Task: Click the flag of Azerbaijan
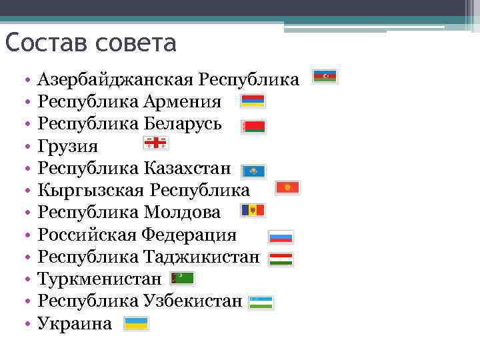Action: pos(325,77)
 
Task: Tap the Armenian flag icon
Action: pos(253,101)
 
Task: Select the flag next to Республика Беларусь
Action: pos(253,127)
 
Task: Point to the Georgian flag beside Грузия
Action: pos(156,143)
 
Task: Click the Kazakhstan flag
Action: pos(253,171)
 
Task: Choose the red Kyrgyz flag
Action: pos(288,188)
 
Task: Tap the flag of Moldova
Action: pos(253,211)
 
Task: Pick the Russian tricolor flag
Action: pos(281,237)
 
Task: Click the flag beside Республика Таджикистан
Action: pos(281,259)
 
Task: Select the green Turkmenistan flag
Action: pos(182,277)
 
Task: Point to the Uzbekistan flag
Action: pos(261,302)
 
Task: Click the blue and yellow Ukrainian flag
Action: pos(137,323)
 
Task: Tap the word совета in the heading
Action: pos(136,43)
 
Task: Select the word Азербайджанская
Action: pos(116,80)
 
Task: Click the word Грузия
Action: pos(68,146)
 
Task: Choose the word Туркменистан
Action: pos(99,279)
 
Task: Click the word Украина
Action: pos(75,324)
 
